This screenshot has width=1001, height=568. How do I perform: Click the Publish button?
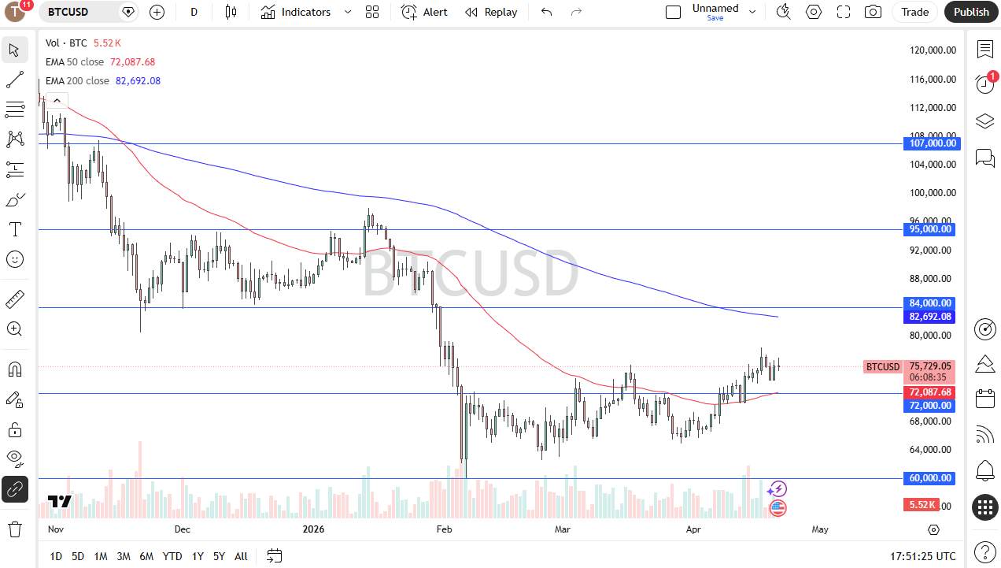point(971,12)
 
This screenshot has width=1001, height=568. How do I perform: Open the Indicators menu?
point(296,12)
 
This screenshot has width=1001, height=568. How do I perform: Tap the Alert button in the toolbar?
point(424,12)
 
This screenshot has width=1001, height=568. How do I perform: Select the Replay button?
point(491,12)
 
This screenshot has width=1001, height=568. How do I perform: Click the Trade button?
point(914,12)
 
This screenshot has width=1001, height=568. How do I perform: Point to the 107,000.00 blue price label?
point(932,143)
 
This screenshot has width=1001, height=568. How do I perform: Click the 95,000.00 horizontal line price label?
point(932,229)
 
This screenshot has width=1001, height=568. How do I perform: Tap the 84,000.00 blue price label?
point(932,303)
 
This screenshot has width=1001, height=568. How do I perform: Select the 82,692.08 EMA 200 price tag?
point(932,317)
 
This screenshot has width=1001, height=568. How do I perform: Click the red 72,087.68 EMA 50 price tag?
point(932,392)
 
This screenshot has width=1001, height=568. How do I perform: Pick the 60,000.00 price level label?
point(932,478)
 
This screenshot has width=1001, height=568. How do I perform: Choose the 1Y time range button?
point(198,556)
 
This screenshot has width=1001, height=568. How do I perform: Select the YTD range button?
point(172,556)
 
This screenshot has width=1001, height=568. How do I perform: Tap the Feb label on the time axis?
point(445,529)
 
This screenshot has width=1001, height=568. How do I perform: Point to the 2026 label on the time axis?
point(313,529)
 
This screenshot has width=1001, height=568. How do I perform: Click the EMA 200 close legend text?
point(77,80)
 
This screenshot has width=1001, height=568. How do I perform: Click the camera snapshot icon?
point(873,12)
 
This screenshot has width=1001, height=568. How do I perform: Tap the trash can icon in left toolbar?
point(14,529)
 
